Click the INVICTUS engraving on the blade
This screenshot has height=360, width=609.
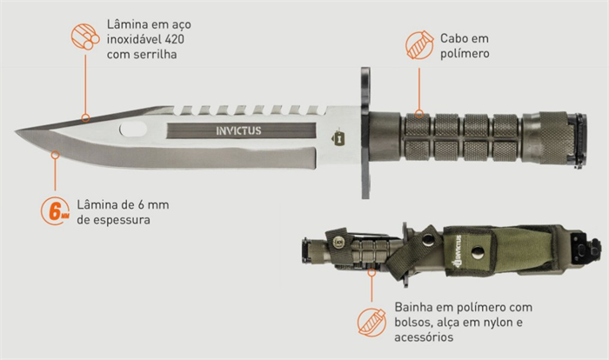pos(238,130)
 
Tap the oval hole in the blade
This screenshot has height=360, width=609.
pos(133,130)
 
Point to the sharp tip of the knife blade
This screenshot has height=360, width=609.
pos(17,131)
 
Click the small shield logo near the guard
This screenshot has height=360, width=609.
pos(338,137)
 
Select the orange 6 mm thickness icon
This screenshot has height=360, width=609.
pos(55,211)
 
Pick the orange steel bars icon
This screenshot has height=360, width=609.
pos(85,37)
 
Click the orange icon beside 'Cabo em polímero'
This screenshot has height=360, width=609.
pos(419,45)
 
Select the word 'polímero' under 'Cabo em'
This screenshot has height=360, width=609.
pos(465,54)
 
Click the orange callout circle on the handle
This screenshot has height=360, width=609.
pos(419,114)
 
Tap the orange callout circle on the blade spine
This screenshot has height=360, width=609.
pos(85,118)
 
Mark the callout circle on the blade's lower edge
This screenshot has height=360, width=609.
pos(55,156)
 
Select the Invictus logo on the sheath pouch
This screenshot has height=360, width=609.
pos(455,251)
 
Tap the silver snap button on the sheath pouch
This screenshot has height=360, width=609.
pos(478,252)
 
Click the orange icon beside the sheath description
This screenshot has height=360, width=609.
pos(371,323)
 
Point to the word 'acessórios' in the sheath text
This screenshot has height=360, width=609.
pos(424,337)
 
